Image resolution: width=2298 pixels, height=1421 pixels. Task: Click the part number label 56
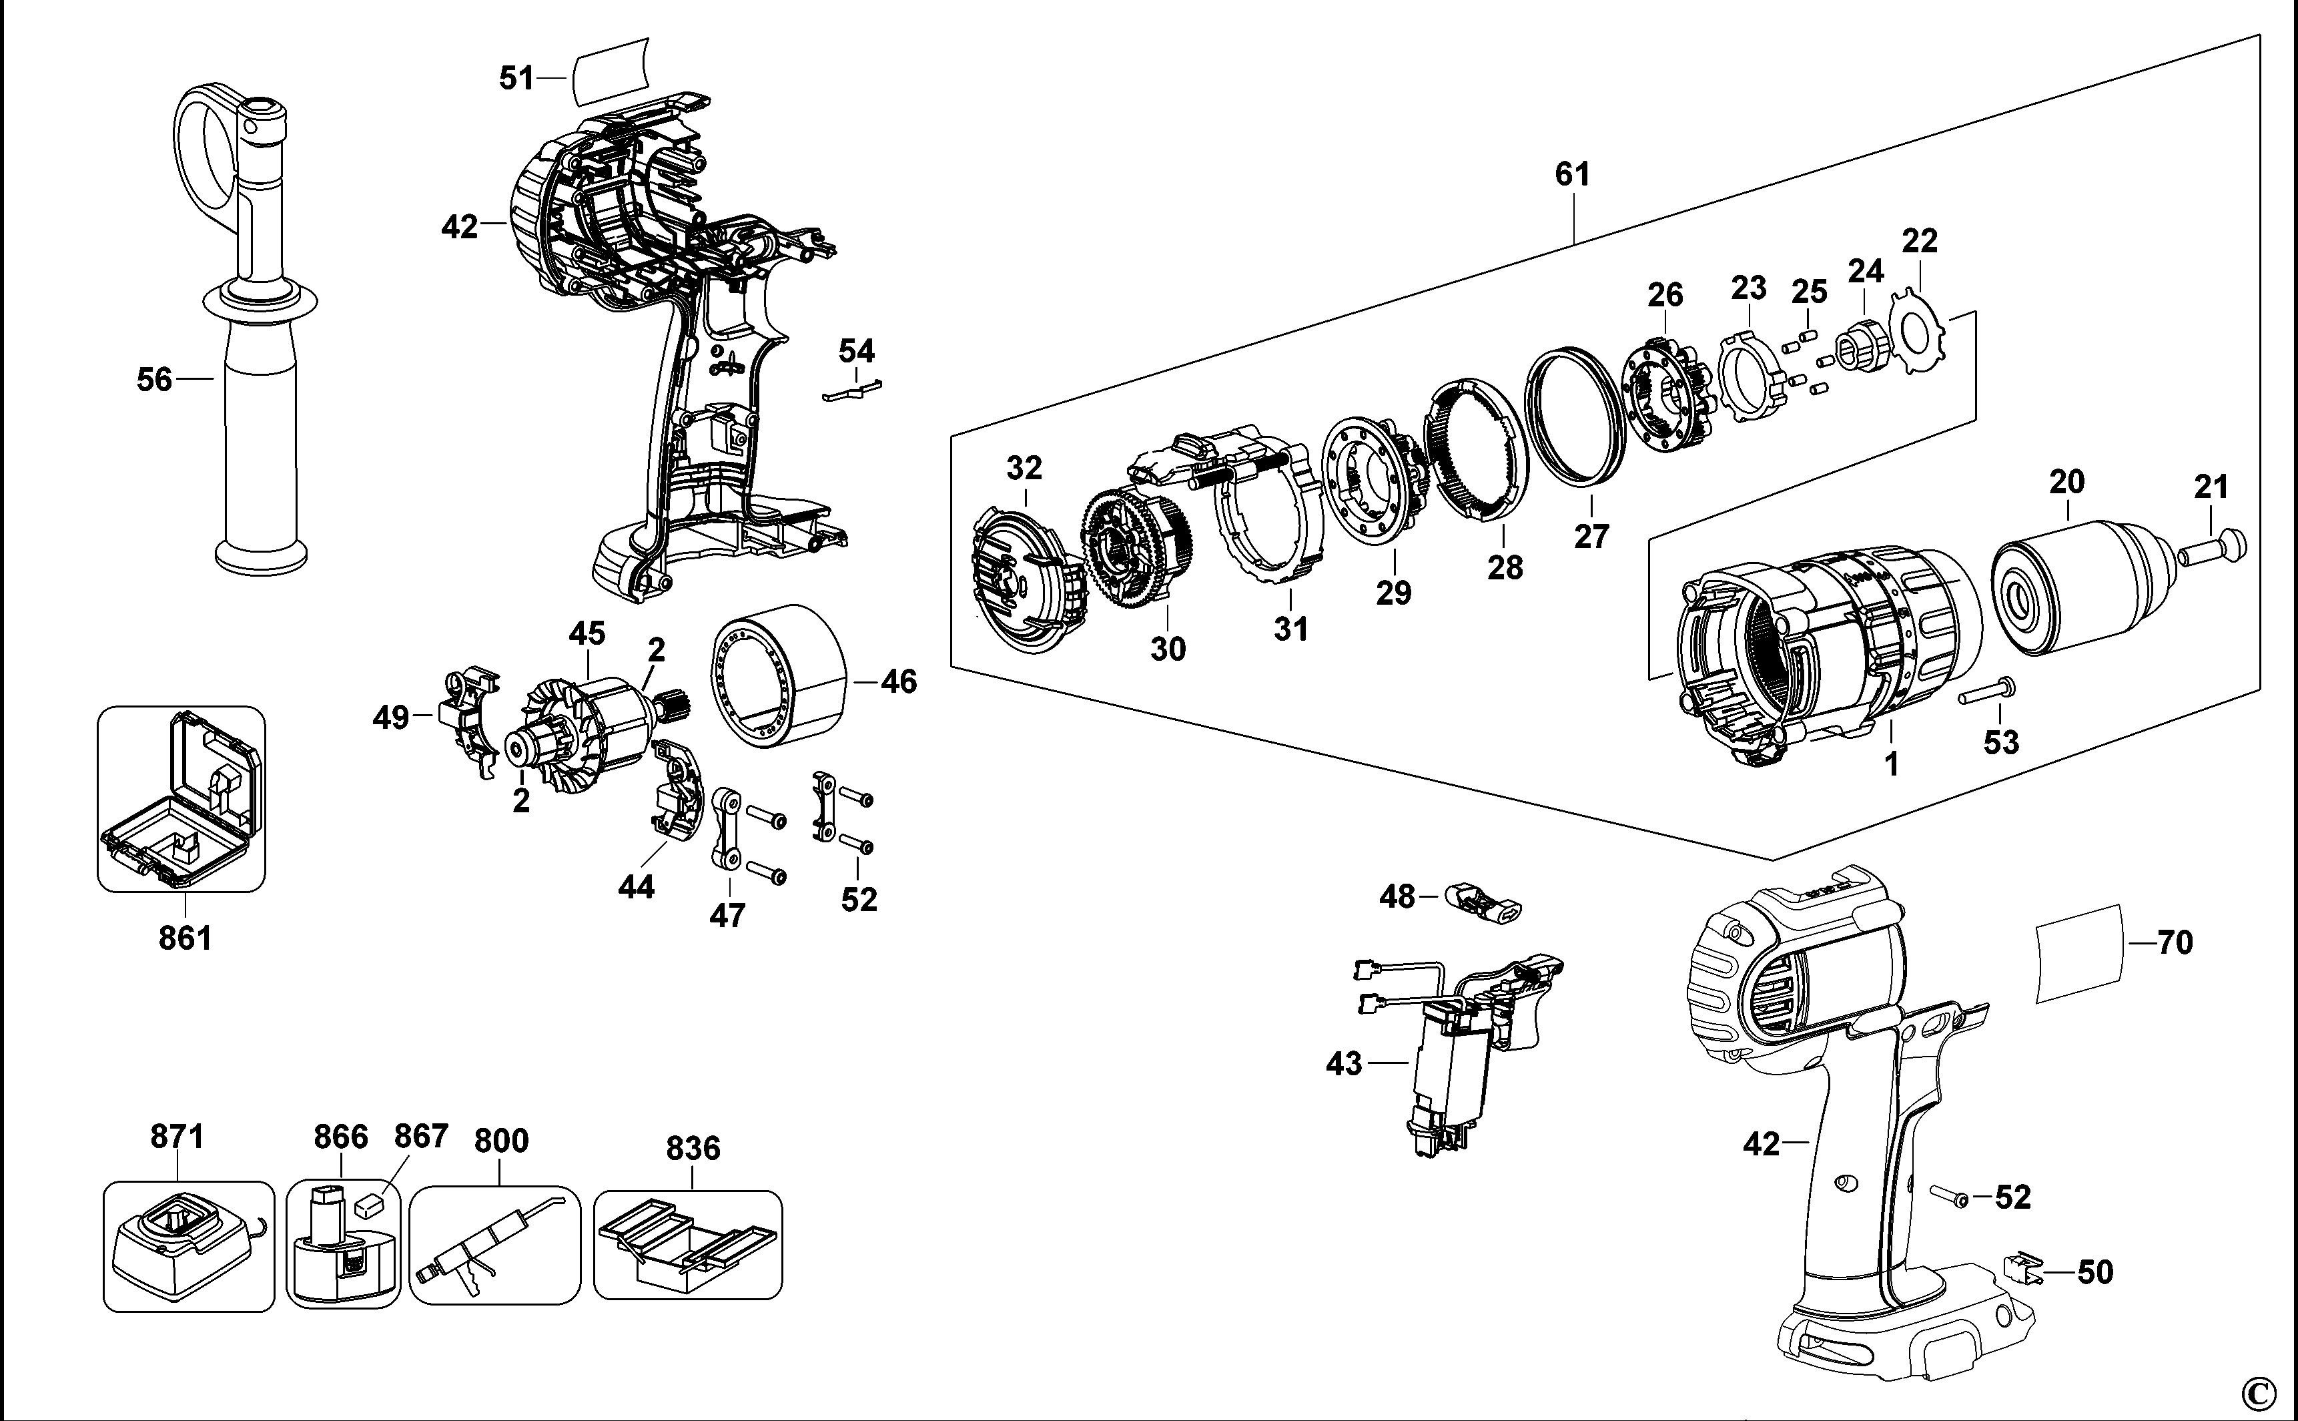[x=154, y=380]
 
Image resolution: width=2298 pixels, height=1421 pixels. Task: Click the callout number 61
[x=1573, y=175]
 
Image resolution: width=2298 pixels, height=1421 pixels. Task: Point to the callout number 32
[x=1024, y=468]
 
